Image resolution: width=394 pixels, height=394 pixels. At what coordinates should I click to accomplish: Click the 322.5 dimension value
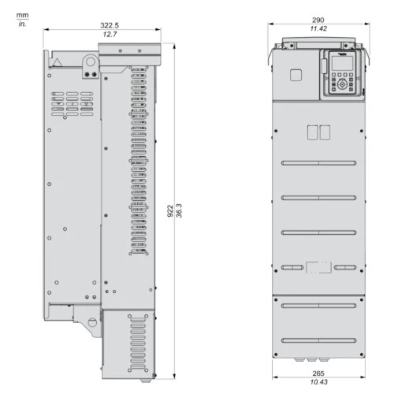(x=110, y=25)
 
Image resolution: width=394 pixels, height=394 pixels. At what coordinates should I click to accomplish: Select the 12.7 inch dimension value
(x=110, y=34)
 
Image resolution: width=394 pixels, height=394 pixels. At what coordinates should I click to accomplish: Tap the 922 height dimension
(x=170, y=211)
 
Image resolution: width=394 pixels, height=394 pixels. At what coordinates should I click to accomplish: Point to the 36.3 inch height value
(x=179, y=210)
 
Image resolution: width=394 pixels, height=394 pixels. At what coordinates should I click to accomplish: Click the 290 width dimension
(x=318, y=20)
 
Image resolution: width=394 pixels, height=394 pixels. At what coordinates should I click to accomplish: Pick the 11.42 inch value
(x=318, y=28)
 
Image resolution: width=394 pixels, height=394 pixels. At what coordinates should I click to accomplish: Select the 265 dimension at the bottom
(x=318, y=374)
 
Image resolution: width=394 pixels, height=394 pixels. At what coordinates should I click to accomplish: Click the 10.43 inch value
(x=318, y=382)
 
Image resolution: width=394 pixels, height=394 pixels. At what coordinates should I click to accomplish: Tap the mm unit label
(x=23, y=16)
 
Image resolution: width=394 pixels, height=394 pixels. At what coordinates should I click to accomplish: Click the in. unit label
(x=23, y=24)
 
